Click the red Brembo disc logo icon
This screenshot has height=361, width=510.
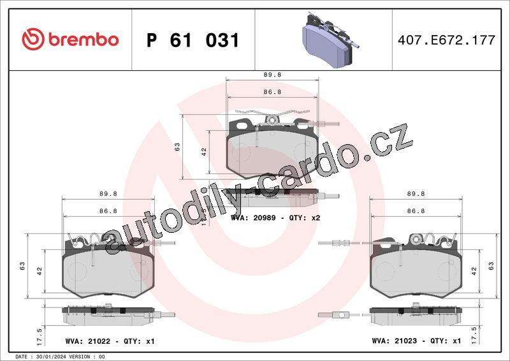coord(33,39)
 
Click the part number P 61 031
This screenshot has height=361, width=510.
coord(193,40)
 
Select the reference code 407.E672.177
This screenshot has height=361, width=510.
coord(446,40)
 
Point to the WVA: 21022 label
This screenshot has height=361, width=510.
coord(88,341)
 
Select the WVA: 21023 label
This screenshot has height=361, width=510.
coord(394,341)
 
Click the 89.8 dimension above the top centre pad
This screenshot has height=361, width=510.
coord(272,75)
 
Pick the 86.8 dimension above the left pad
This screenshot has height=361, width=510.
coord(108,211)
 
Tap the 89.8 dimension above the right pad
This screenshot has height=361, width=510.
coord(416,194)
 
